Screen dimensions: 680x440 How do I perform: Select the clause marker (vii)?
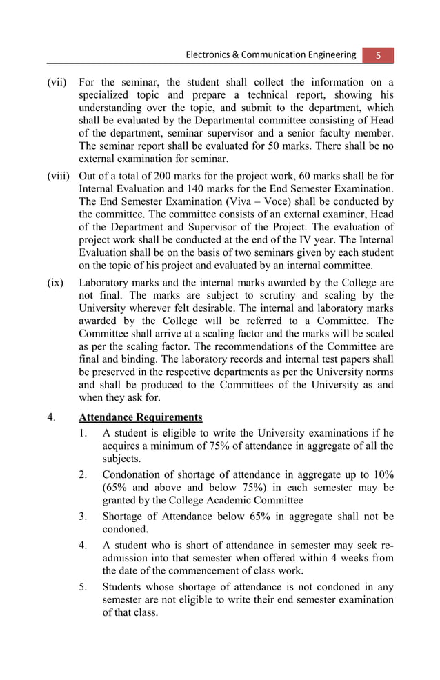click(x=57, y=82)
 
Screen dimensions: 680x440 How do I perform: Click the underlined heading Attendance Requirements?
click(x=141, y=417)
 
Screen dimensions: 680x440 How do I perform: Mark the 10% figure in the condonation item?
click(x=381, y=474)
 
